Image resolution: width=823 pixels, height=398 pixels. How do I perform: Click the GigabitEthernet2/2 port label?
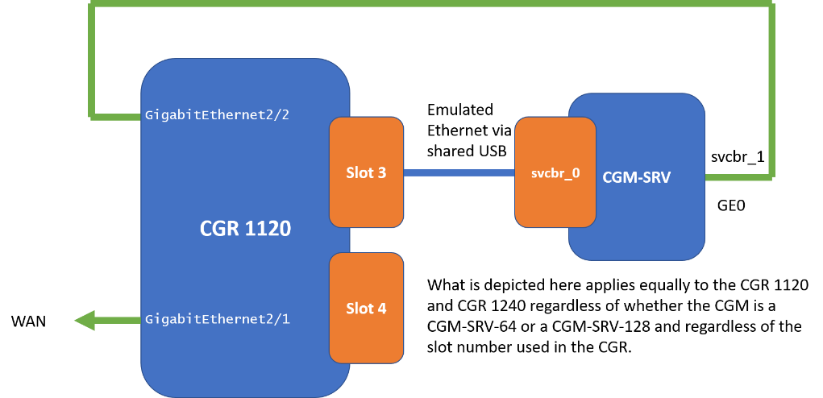click(x=217, y=115)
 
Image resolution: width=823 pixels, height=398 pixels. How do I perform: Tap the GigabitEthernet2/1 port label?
click(x=217, y=320)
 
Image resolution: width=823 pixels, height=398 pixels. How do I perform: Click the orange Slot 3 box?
click(x=366, y=172)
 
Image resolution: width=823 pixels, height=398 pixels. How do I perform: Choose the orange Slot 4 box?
click(x=366, y=308)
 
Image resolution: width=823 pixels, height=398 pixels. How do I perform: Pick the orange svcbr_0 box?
click(x=555, y=172)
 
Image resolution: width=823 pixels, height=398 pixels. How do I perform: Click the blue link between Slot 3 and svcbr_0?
click(x=459, y=172)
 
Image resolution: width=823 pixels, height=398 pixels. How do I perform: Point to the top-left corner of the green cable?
click(x=93, y=4)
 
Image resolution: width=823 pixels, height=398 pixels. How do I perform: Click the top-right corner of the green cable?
click(x=771, y=4)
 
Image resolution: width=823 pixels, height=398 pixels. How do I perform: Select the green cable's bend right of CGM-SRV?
click(x=771, y=175)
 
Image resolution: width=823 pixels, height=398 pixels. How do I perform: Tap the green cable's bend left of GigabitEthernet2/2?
click(x=93, y=116)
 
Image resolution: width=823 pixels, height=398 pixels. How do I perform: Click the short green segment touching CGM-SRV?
click(x=738, y=175)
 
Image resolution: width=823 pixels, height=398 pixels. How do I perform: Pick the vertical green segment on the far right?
click(x=771, y=89)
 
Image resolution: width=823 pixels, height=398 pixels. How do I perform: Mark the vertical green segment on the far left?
click(x=93, y=60)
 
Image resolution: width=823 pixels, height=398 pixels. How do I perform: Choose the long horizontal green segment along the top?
click(x=431, y=4)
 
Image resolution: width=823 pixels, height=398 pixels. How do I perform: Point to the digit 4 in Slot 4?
click(x=381, y=308)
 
